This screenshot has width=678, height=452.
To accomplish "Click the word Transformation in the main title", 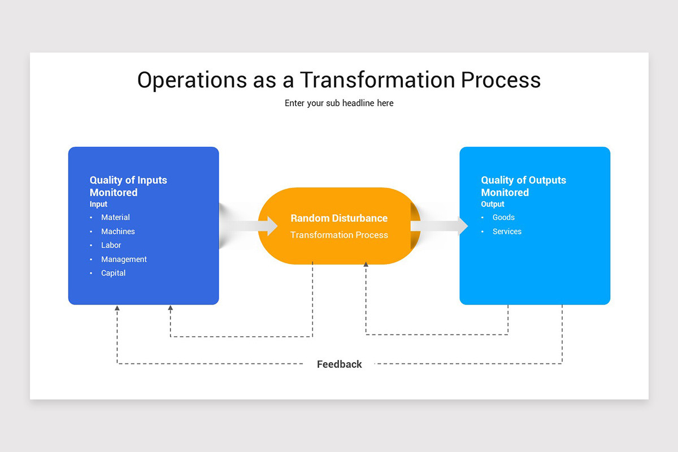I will point(377,80).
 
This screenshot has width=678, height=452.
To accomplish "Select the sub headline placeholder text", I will point(339,103).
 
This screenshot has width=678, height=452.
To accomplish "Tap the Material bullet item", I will point(115,218).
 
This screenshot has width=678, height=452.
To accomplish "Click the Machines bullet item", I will point(118,232).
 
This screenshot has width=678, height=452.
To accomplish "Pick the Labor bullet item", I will point(111,245).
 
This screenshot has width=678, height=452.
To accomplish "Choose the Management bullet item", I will point(124,259).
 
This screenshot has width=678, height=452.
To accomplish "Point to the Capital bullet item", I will point(113,273).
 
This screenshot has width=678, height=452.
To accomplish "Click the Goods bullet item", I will point(503,218).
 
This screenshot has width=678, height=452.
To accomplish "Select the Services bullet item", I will point(507,232).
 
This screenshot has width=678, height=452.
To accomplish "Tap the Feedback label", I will point(339,364).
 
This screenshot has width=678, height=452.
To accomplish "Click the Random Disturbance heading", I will point(339,218).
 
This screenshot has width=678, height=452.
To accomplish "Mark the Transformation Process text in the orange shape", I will point(339,235).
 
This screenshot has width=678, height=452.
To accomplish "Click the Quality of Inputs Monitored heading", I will point(128,186).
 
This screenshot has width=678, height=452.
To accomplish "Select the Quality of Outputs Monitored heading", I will point(523,186).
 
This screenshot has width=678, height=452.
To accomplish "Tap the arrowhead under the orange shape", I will point(366,264).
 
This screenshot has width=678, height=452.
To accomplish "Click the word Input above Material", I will point(98,205).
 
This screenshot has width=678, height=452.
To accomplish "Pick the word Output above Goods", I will point(493,205).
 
